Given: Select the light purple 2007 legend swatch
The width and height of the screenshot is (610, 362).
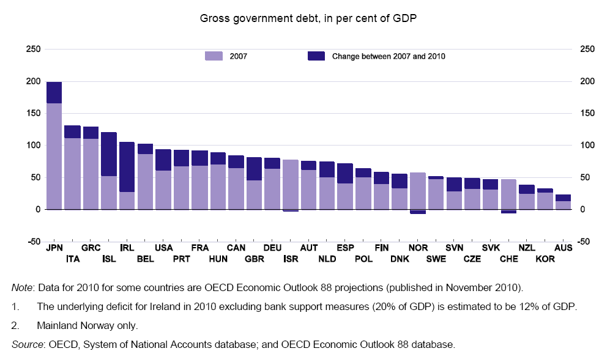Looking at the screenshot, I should click(214, 56).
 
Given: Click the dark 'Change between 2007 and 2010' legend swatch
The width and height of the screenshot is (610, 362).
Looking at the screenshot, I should click(316, 56).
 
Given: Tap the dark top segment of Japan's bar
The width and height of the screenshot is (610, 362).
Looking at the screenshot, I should click(54, 92).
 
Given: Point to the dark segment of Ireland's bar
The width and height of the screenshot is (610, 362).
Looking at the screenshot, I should click(127, 167).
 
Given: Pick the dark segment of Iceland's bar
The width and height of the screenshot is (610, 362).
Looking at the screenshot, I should click(109, 154).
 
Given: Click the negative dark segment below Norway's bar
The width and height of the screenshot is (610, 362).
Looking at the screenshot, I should click(418, 212).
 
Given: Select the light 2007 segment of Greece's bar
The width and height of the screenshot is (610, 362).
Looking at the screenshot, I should click(91, 174).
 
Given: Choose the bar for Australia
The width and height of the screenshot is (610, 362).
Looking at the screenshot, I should click(563, 202).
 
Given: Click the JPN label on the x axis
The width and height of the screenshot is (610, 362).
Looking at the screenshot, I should click(54, 248).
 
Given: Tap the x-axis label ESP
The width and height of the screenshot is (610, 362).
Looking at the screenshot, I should click(345, 248).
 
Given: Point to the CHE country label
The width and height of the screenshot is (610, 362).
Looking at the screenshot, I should click(508, 259).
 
